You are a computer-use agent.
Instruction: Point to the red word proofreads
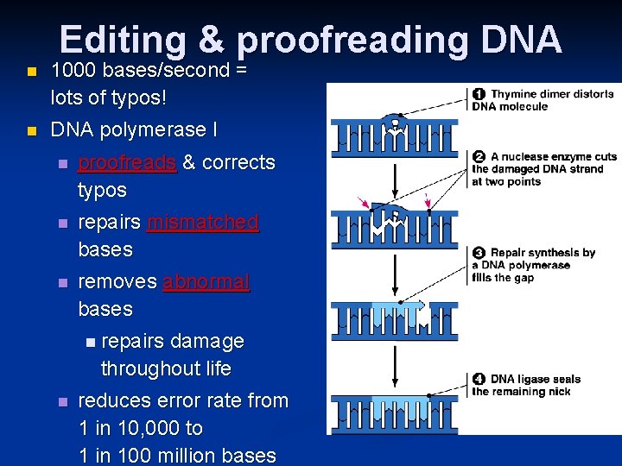tap(127, 162)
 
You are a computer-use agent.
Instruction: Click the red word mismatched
tap(203, 222)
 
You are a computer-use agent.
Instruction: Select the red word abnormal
tap(206, 281)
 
